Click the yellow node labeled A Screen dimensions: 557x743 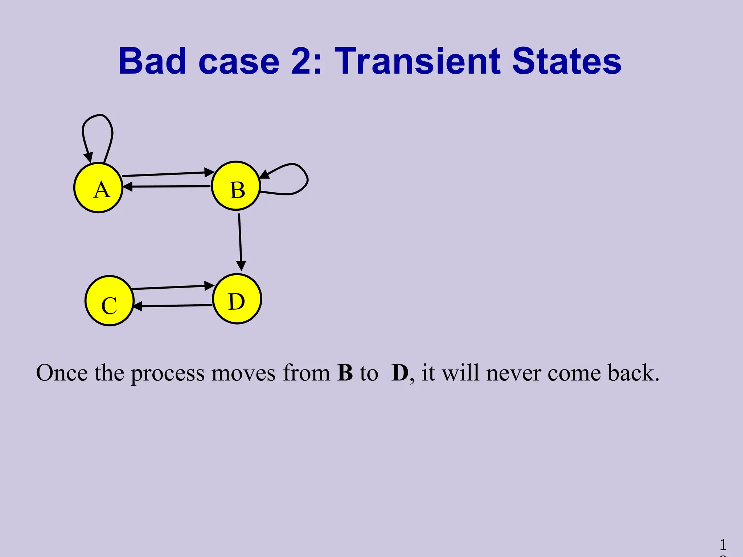(98, 188)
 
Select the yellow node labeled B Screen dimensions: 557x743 (236, 186)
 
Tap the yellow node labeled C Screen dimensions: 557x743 (110, 301)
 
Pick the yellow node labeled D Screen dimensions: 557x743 (237, 299)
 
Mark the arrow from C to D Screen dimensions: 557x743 (172, 287)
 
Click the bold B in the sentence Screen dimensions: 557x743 (345, 373)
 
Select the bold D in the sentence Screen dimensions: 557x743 (400, 373)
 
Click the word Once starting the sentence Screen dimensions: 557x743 (62, 373)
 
